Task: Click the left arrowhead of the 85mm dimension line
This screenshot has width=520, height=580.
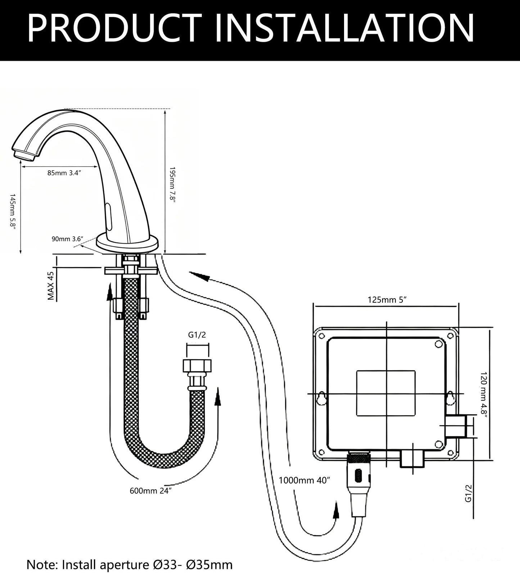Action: pos(21,167)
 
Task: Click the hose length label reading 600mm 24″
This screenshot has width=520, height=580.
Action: pos(150,491)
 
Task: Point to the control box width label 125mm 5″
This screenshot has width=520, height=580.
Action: pos(387,299)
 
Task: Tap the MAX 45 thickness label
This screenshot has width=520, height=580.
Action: pos(51,286)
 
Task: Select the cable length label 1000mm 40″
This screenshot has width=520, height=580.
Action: pos(304,480)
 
